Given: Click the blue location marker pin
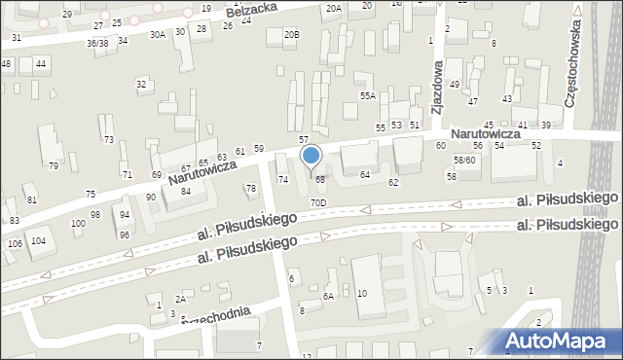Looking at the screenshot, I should pyautogui.click(x=311, y=157).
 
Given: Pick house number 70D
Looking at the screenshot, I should pyautogui.click(x=318, y=202).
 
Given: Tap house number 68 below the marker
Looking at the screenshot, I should pyautogui.click(x=319, y=179).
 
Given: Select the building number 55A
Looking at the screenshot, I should pyautogui.click(x=367, y=95).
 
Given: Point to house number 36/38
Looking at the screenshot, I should pyautogui.click(x=96, y=43).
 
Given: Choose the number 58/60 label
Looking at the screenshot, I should pyautogui.click(x=464, y=160).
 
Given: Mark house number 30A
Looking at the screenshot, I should pyautogui.click(x=157, y=34).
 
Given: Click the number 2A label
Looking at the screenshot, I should pyautogui.click(x=179, y=299).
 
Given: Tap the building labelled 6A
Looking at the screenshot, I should pyautogui.click(x=329, y=296).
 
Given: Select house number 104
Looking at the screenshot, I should pyautogui.click(x=38, y=240).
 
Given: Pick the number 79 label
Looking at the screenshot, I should pyautogui.click(x=54, y=165).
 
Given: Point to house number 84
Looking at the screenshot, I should pyautogui.click(x=185, y=190).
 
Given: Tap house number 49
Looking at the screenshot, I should pyautogui.click(x=455, y=85).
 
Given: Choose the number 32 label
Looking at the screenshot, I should pyautogui.click(x=141, y=84).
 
